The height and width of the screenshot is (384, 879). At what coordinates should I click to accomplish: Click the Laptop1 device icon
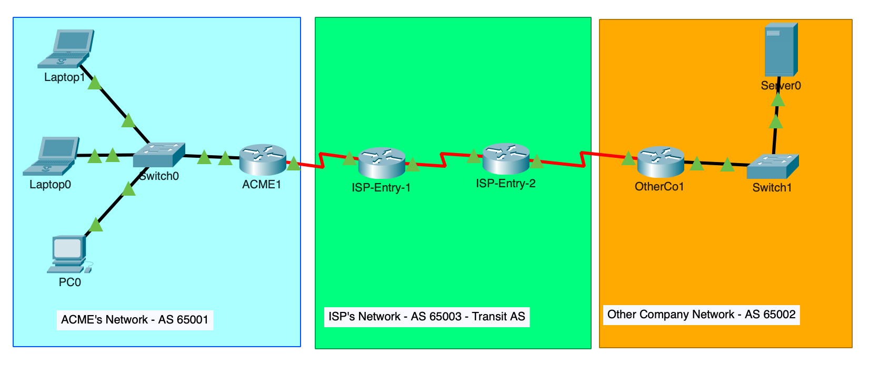tap(66, 48)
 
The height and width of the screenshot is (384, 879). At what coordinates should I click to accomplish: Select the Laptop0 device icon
tap(52, 156)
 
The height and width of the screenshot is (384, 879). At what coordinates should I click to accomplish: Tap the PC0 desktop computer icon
tap(70, 254)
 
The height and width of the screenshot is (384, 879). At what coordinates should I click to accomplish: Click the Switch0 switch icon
tap(159, 155)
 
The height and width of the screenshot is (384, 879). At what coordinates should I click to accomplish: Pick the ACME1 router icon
tap(263, 159)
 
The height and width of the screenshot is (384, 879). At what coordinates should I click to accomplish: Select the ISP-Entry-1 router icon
tap(382, 163)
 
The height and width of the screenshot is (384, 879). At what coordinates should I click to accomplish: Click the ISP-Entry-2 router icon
tap(506, 159)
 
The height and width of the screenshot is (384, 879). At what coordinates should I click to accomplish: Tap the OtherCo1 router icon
tap(661, 162)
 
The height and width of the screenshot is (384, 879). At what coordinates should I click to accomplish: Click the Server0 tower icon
tap(781, 49)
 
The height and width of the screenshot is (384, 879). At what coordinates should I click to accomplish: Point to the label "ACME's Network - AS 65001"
tap(135, 320)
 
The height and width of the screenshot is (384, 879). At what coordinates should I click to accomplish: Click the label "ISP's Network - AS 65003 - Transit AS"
tap(426, 317)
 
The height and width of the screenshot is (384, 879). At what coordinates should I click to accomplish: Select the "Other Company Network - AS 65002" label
tap(701, 315)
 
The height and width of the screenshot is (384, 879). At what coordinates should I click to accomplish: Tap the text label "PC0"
tap(70, 282)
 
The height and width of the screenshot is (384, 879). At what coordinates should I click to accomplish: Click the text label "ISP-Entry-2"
tap(505, 184)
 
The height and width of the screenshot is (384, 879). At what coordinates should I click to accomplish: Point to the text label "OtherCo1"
tap(659, 187)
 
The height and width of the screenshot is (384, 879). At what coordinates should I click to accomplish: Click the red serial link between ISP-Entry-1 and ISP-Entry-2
tap(444, 159)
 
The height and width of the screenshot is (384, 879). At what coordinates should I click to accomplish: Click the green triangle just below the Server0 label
tap(778, 99)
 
